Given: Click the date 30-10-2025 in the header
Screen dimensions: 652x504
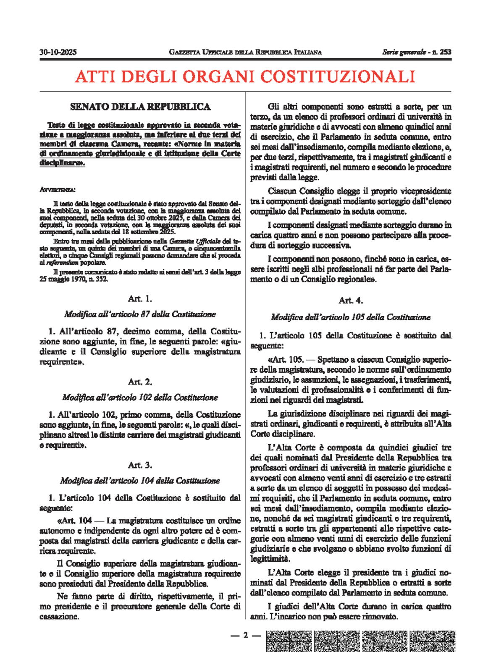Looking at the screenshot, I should coord(58,52).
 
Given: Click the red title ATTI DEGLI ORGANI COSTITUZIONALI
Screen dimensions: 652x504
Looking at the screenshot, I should coord(245,76).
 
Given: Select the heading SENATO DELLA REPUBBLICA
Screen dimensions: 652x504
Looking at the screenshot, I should coord(140,107).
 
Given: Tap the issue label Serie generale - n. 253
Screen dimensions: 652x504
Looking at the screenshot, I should coord(417,52).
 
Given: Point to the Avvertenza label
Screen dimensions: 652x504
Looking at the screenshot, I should coord(58,190).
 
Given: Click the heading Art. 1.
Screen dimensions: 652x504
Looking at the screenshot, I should coord(140,299).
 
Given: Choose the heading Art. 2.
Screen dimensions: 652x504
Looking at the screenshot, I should coord(140,382).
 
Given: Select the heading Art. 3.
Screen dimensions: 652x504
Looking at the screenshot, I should coord(140,465).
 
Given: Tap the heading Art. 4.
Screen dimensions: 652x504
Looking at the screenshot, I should coord(351,300).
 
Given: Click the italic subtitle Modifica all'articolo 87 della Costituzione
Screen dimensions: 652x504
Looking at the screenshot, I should coord(140,314).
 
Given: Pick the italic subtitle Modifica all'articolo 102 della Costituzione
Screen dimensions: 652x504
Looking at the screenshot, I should coord(140,397).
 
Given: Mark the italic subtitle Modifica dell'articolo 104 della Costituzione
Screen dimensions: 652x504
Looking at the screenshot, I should coord(140,480).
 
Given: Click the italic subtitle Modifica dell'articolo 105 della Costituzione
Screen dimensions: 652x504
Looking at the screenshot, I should coord(351,317).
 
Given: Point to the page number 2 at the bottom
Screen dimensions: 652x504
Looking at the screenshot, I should coord(246,635).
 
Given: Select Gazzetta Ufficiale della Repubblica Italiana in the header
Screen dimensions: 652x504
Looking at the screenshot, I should coord(245,52).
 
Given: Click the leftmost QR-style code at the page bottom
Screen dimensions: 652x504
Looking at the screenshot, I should coord(289,641).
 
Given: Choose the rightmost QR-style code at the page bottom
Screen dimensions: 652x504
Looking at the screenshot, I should coord(433,641).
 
